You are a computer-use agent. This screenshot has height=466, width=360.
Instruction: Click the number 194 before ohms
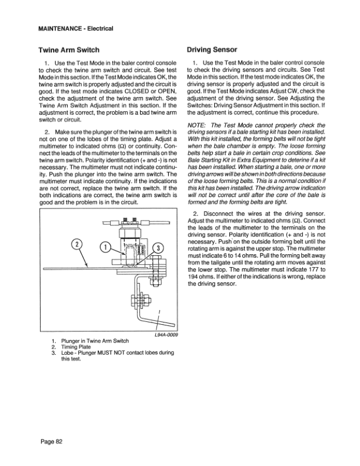pyautogui.click(x=194, y=277)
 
